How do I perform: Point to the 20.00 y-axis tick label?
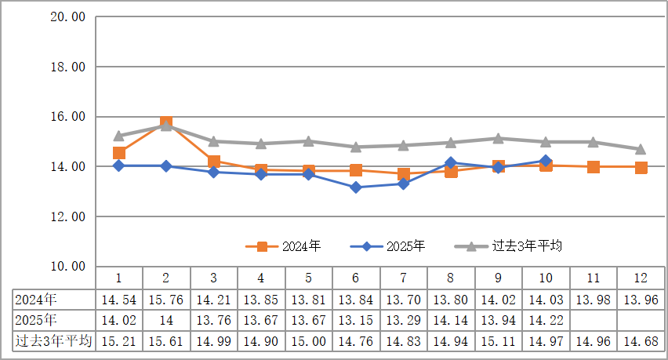point(67,17)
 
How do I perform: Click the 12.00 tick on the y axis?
point(67,216)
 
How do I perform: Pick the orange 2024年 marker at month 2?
point(166,123)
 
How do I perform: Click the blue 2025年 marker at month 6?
point(356,187)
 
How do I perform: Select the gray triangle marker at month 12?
point(641,149)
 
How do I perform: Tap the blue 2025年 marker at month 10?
point(546,161)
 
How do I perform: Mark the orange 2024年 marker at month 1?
point(119,153)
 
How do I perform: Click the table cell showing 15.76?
point(166,299)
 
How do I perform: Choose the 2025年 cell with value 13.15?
point(356,320)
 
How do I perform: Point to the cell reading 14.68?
point(641,341)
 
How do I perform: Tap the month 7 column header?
point(403,278)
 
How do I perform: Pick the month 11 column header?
point(594,278)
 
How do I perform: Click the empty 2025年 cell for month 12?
point(641,320)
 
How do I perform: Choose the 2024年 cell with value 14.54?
point(119,299)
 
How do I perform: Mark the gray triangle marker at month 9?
point(499,138)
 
